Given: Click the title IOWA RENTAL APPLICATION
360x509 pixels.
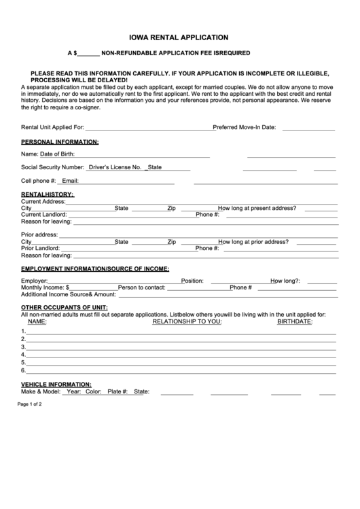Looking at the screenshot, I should coord(179,38).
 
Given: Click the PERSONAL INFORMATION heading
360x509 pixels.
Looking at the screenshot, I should coord(60,142).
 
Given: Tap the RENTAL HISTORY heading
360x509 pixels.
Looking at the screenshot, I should coord(48,194).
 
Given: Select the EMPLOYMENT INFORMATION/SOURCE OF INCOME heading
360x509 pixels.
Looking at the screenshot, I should coord(95,269).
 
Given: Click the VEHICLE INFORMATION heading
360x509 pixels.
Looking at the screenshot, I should coord(56,385).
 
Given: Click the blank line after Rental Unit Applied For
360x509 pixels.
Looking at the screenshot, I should coord(149,128).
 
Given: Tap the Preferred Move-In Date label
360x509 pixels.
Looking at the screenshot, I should coord(245,127).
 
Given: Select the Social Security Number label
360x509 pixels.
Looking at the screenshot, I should coord(53,167).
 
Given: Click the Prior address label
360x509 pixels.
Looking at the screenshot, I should coord(39,234).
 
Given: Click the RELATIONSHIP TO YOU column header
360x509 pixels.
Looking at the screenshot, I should coord(187,321).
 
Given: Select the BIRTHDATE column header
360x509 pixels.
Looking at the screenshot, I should coord(294,321).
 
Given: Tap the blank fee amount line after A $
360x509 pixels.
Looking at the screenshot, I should coord(89,53).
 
